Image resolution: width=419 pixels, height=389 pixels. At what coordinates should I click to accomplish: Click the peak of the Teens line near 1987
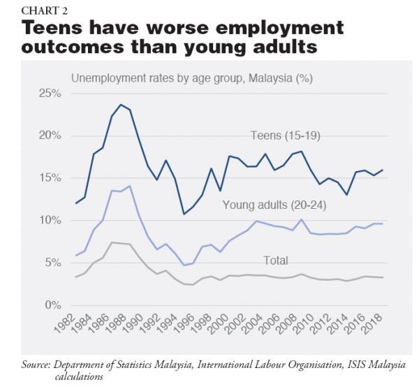(x=121, y=105)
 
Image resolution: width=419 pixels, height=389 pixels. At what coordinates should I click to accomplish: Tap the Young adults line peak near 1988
(x=129, y=186)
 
